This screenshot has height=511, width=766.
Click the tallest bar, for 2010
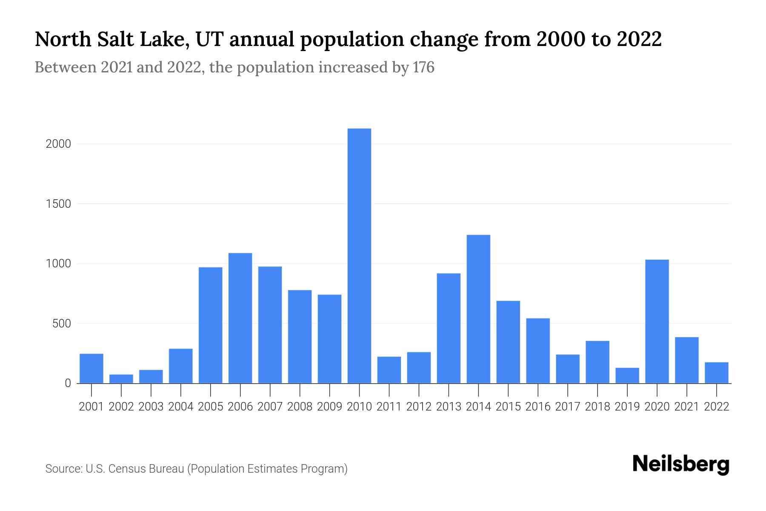click(x=359, y=255)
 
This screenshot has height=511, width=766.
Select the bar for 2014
click(x=478, y=309)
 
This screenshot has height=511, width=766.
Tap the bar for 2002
click(x=121, y=379)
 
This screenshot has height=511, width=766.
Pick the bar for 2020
click(x=657, y=321)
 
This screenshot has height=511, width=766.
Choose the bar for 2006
click(x=240, y=318)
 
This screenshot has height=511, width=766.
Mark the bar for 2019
click(x=627, y=375)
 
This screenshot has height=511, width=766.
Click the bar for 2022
click(x=717, y=373)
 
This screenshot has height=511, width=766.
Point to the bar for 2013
click(x=449, y=328)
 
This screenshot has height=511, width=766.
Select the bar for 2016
click(x=538, y=350)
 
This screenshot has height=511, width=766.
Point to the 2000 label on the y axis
click(x=58, y=144)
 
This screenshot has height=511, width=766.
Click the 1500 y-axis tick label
click(x=58, y=204)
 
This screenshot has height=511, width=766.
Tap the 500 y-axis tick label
click(x=62, y=324)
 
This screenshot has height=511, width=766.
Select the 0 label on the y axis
click(x=68, y=383)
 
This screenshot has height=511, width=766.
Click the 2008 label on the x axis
click(x=300, y=407)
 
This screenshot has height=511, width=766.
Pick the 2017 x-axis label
click(x=568, y=407)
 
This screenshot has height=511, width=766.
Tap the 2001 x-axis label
click(x=91, y=407)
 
